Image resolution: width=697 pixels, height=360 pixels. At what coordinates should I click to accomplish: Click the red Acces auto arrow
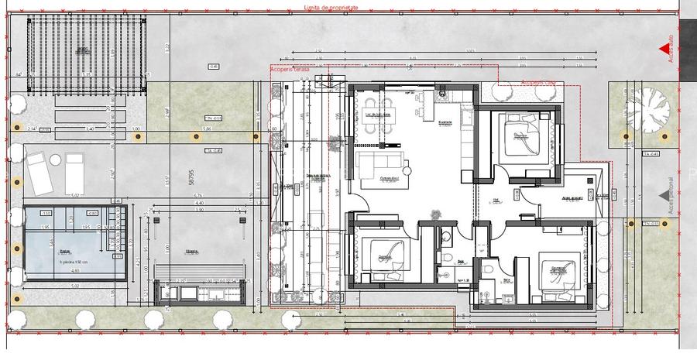pos(664,52)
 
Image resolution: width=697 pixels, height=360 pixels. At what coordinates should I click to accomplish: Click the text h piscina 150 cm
pos(75,262)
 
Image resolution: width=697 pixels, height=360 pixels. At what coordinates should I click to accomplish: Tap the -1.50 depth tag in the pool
pos(46,214)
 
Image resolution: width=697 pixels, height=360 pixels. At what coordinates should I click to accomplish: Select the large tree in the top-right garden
pos(647,108)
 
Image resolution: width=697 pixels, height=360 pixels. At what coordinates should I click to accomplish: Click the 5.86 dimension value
pos(207,129)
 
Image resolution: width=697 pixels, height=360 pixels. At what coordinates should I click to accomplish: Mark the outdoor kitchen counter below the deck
pos(201,291)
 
